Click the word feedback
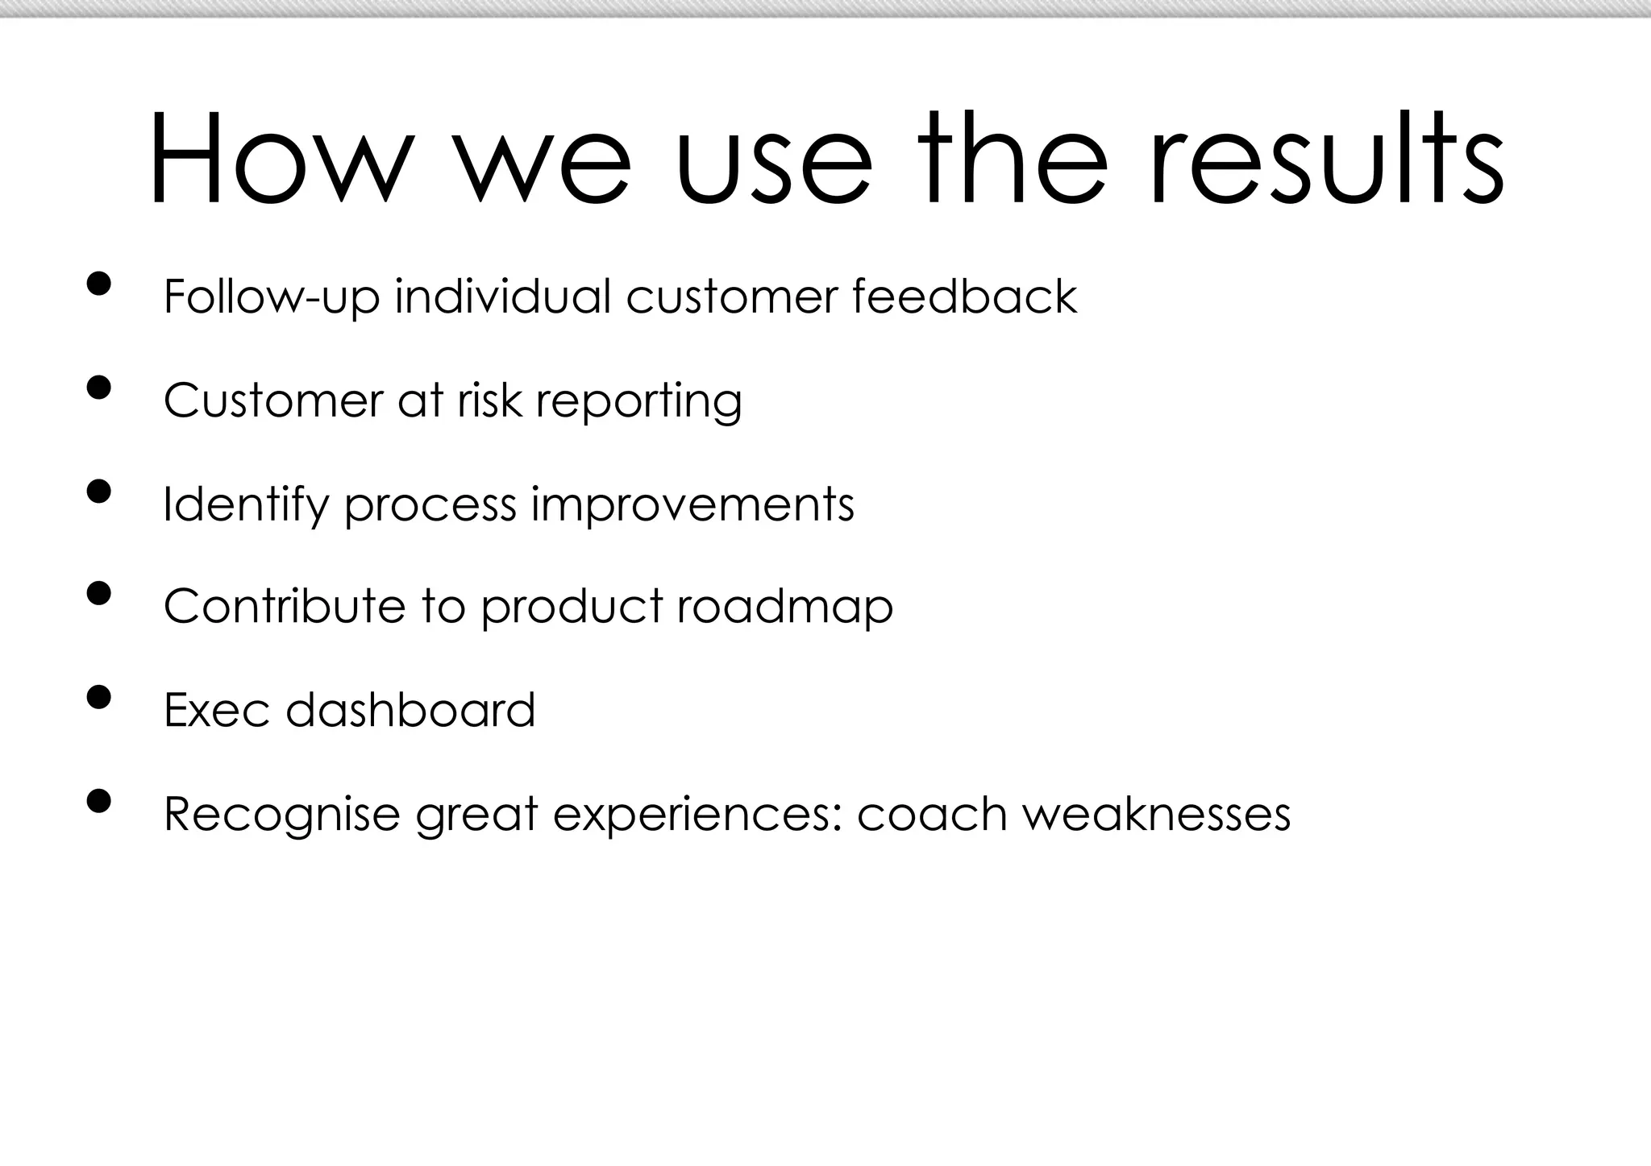click(x=964, y=296)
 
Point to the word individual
click(x=503, y=296)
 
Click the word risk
click(x=489, y=400)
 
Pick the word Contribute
click(x=284, y=606)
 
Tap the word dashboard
click(x=410, y=710)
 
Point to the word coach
click(x=932, y=814)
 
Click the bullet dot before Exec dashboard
click(x=98, y=697)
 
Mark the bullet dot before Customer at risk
click(x=98, y=388)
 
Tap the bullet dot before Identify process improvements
click(x=98, y=491)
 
